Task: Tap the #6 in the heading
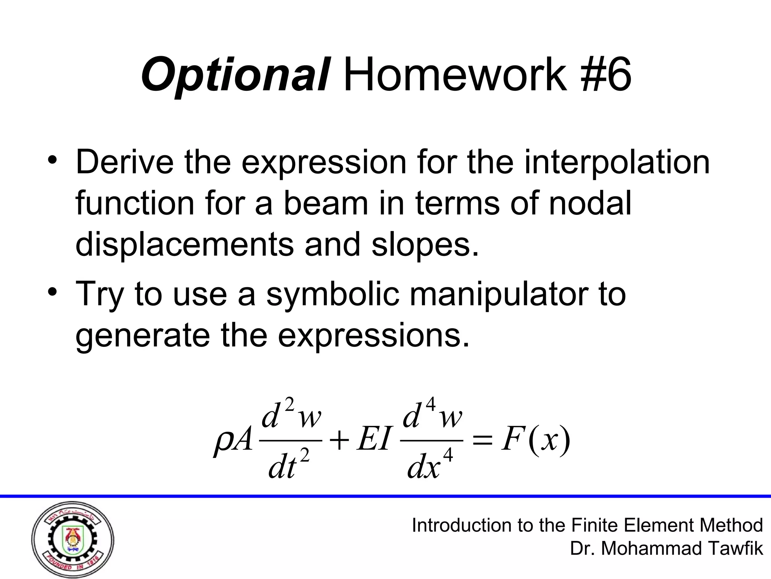coord(605,75)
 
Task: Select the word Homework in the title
coord(456,75)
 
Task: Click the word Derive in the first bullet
coord(125,162)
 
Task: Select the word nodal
coord(589,204)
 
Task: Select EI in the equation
coord(373,440)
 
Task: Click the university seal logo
coord(73,539)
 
